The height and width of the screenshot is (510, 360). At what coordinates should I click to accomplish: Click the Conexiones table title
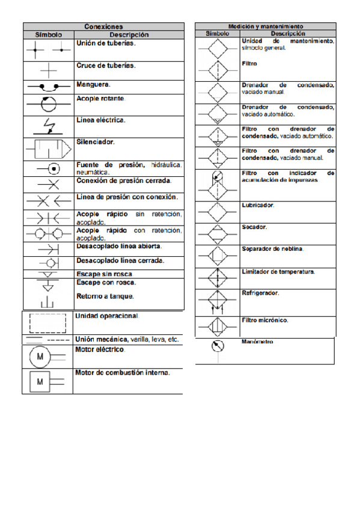(x=103, y=26)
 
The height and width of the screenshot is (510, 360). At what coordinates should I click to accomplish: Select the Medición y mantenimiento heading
(x=265, y=26)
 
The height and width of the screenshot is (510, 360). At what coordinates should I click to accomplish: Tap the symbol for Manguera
(x=47, y=87)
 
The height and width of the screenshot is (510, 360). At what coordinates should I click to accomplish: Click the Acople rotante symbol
(x=47, y=103)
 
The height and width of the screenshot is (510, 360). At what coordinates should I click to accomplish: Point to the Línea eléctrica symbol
(x=47, y=126)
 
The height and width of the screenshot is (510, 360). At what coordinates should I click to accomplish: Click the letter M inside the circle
(x=41, y=357)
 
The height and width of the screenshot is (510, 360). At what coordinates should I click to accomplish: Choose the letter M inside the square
(x=40, y=381)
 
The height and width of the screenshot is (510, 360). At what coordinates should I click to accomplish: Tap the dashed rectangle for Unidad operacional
(x=47, y=322)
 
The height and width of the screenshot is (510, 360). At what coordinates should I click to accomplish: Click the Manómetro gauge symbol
(x=218, y=348)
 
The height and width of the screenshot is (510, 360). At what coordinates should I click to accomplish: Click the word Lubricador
(x=257, y=205)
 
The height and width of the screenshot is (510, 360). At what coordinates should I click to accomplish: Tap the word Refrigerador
(x=260, y=293)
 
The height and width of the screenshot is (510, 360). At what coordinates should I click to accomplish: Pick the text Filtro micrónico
(x=264, y=319)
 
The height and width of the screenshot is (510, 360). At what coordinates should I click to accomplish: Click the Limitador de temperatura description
(x=278, y=272)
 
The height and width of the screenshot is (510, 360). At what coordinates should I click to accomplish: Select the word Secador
(x=254, y=227)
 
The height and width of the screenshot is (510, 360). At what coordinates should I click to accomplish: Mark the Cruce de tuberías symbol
(x=47, y=68)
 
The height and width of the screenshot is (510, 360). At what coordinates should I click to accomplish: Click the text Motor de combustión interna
(x=123, y=372)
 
